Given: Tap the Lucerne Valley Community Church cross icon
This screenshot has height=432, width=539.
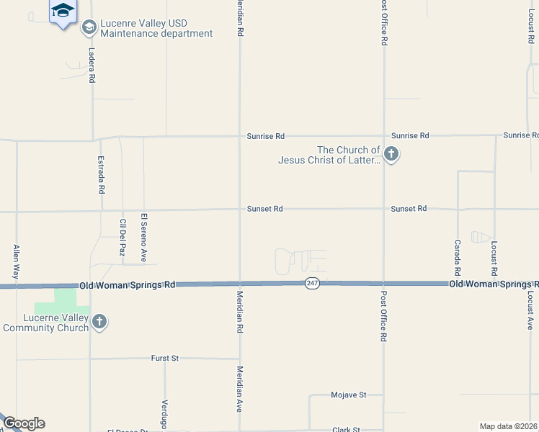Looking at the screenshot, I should point(99,322).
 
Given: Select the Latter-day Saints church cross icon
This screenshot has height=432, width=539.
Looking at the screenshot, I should point(391,153).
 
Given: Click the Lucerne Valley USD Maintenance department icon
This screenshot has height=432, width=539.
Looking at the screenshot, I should point(89,28).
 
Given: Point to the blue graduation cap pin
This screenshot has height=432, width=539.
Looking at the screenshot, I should point(63,11).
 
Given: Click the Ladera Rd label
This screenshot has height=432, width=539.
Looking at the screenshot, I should point(92,66).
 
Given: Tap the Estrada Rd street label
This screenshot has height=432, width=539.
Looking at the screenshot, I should point(102,176).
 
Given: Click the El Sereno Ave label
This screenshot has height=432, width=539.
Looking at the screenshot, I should point(144,237).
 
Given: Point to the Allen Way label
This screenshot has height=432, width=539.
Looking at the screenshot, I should point(16,261).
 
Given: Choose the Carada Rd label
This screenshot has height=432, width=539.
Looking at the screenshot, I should point(457,257).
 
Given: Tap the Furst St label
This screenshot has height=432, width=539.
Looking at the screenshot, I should point(164,358).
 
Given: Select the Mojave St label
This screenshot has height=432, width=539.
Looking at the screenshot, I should point(349,395).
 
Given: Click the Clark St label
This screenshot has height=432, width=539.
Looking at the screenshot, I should point(346,429).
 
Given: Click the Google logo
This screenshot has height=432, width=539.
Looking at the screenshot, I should point(24,423).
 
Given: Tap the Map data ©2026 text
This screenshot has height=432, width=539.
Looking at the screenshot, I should point(508,426).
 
